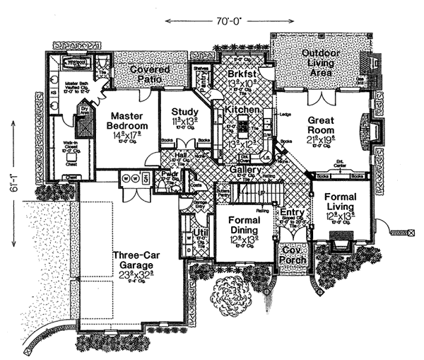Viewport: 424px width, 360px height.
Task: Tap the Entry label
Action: coord(291,212)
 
